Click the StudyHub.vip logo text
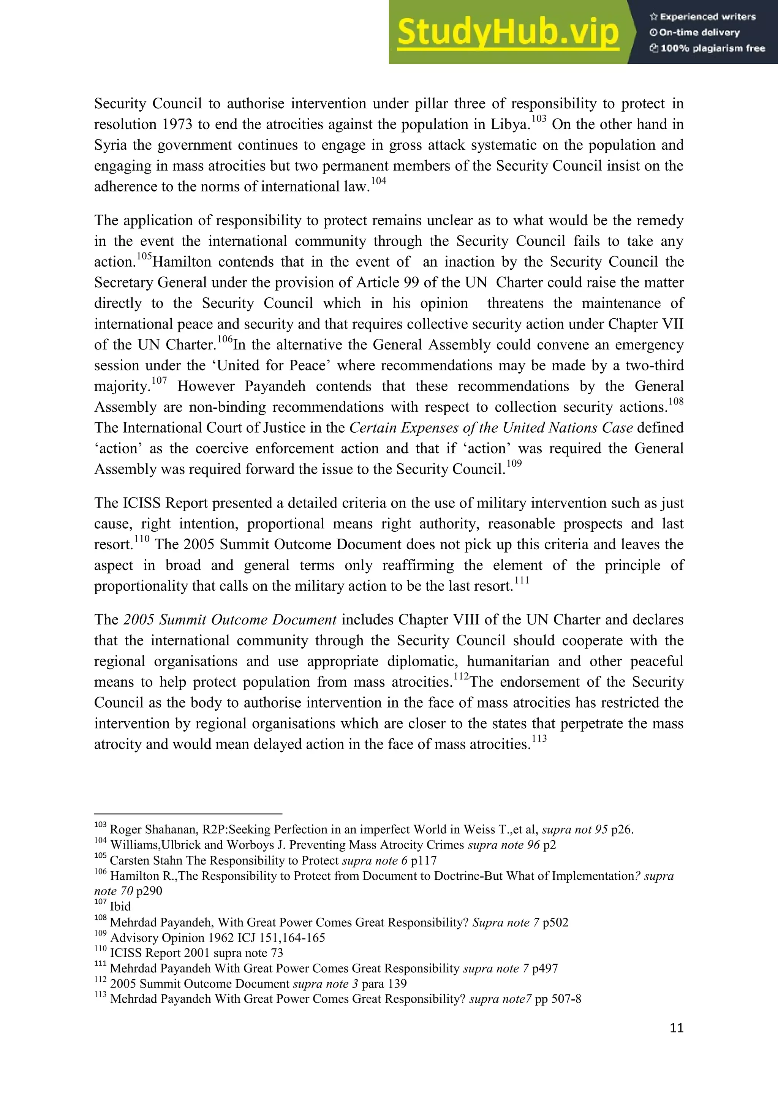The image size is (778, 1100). (508, 33)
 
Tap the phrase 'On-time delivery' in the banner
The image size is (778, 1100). (699, 33)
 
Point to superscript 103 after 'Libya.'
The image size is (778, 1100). (539, 119)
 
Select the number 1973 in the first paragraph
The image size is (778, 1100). (177, 125)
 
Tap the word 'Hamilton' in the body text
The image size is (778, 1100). (182, 262)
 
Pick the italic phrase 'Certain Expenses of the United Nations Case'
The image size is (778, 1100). (491, 428)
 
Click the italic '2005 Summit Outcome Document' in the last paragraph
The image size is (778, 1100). (230, 620)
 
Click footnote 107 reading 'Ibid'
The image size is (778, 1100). (120, 906)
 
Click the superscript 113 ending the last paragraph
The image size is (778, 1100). (539, 739)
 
